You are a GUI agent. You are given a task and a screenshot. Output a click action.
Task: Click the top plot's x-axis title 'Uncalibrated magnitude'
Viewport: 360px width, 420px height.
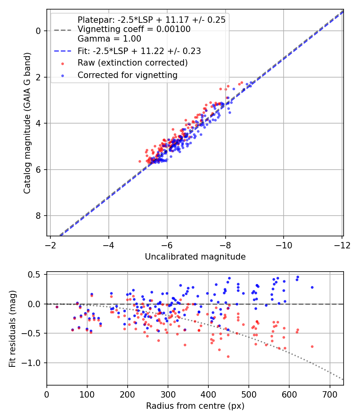tap(195, 257)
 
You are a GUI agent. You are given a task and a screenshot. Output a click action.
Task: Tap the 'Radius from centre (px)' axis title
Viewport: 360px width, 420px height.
tap(195, 406)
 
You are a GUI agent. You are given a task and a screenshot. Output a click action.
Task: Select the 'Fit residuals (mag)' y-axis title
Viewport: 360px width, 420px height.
tap(13, 328)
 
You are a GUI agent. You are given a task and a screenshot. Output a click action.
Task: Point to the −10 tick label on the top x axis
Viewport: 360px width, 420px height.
tap(284, 245)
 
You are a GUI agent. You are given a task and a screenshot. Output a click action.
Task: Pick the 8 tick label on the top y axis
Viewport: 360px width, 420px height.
tap(38, 216)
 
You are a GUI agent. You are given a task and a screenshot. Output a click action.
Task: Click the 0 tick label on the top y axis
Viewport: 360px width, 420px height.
tap(38, 31)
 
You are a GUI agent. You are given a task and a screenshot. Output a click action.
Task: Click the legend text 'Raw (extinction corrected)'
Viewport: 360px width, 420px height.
tap(132, 63)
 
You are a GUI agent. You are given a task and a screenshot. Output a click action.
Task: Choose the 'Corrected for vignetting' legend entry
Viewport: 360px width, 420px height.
tap(128, 75)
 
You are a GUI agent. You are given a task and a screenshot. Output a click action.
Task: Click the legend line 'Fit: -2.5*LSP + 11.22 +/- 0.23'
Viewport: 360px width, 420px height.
tap(139, 51)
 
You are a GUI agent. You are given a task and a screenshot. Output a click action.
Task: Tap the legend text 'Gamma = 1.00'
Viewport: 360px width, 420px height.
tap(109, 39)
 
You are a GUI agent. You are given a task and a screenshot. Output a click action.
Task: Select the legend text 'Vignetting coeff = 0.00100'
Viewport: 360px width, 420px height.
tap(134, 29)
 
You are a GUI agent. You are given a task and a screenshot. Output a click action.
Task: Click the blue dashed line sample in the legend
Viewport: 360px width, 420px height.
tap(63, 51)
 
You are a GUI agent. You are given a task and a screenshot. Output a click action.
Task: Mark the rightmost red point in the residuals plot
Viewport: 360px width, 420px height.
tap(312, 346)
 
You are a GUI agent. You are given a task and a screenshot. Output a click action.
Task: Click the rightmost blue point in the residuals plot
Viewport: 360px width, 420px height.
tap(312, 287)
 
